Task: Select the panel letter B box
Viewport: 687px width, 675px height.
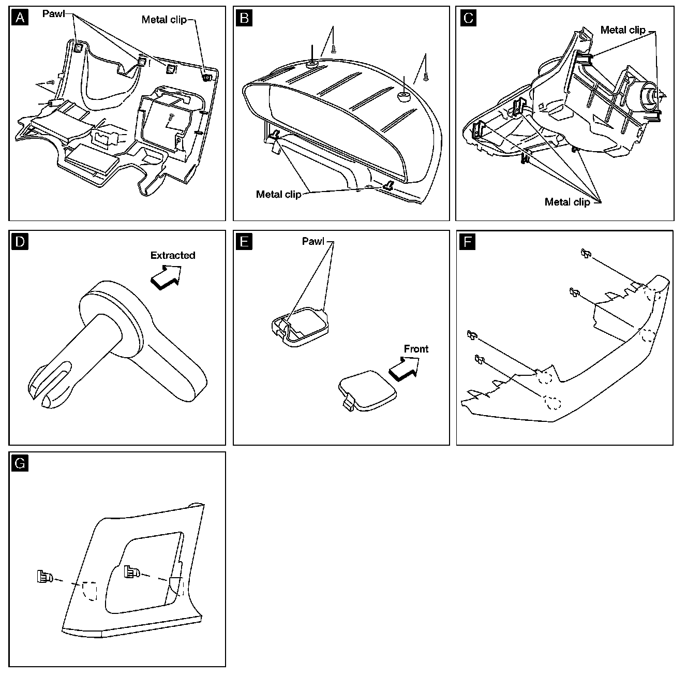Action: pyautogui.click(x=244, y=18)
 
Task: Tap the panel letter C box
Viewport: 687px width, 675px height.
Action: pyautogui.click(x=468, y=18)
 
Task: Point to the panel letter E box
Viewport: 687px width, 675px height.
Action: pyautogui.click(x=244, y=242)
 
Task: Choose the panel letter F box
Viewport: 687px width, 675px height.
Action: pyautogui.click(x=468, y=242)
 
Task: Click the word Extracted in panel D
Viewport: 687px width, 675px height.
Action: pyautogui.click(x=173, y=255)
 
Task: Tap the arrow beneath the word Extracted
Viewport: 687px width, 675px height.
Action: pyautogui.click(x=166, y=276)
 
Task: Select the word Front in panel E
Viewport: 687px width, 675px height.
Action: pyautogui.click(x=416, y=349)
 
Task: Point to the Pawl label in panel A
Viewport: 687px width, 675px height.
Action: pyautogui.click(x=53, y=13)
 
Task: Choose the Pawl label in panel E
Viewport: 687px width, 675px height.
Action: pyautogui.click(x=313, y=241)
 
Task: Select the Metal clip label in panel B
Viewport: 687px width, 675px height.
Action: pyautogui.click(x=278, y=194)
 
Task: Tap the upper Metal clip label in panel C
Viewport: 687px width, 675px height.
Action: pyautogui.click(x=623, y=30)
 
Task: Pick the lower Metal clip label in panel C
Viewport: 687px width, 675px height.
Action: pyautogui.click(x=567, y=202)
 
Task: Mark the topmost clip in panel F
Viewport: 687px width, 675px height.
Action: pyautogui.click(x=586, y=253)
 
